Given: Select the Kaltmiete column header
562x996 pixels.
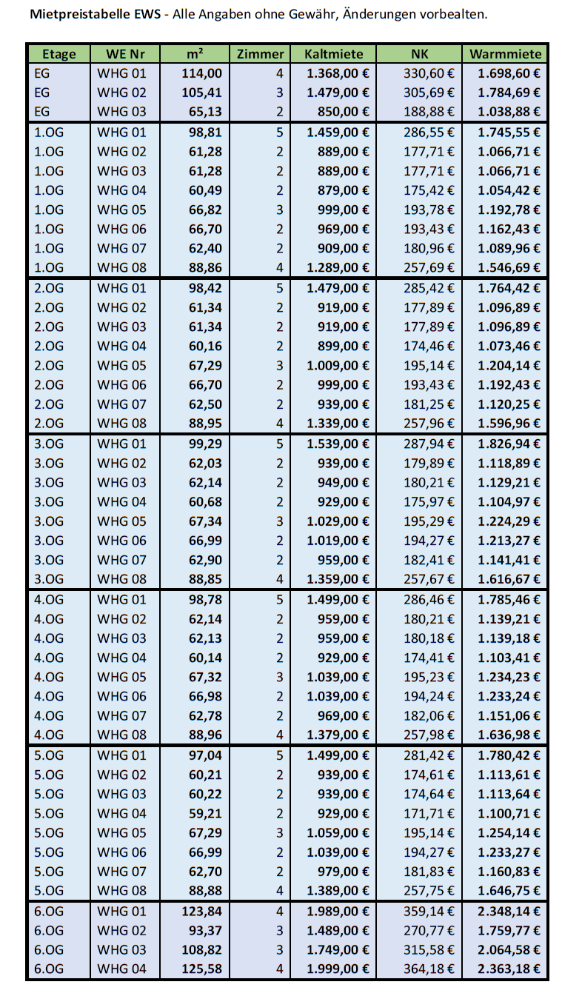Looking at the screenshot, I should coord(333,54).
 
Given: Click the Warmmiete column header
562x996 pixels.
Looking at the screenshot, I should coord(506,54).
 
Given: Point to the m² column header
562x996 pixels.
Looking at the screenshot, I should coord(195,54).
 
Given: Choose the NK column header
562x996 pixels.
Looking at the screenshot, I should coord(419,54).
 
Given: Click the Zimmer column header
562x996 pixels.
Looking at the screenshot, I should coord(260,54).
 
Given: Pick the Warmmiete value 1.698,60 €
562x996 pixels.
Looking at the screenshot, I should coord(509,73).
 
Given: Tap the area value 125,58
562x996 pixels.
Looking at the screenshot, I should coord(201,969).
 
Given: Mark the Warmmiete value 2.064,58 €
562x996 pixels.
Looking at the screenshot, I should coord(509,949).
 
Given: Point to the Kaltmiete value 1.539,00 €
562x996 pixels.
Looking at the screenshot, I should coord(338,444).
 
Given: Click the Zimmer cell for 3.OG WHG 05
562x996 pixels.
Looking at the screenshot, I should coord(279,521).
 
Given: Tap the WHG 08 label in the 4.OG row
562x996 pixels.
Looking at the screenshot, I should coord(122,735).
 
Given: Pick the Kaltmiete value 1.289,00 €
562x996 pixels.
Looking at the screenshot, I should coord(338,267).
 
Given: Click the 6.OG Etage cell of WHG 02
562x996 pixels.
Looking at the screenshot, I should coord(49,930).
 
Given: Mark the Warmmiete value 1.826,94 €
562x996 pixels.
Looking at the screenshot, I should coord(509,444).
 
